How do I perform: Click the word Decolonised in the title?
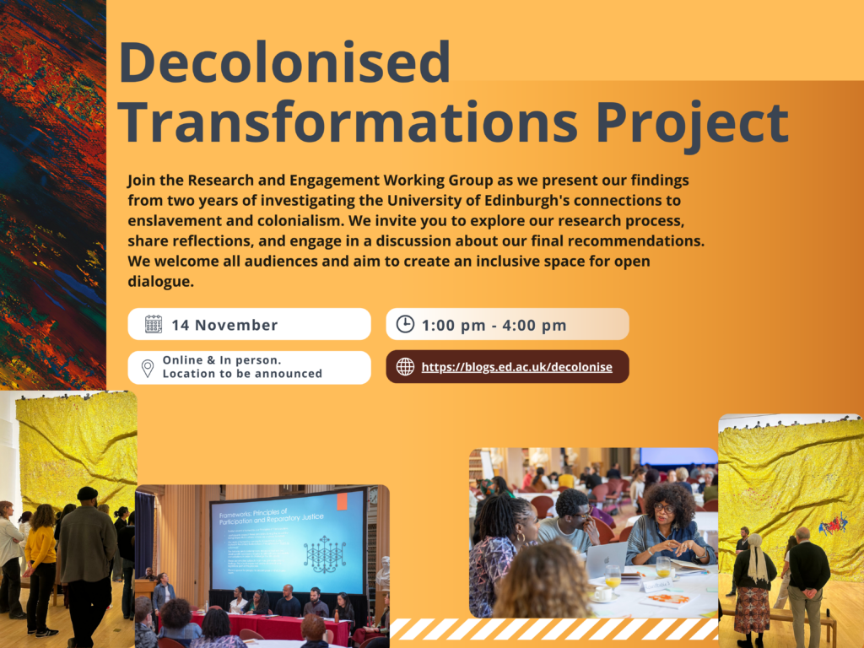click(x=284, y=63)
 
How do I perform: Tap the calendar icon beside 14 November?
click(x=153, y=324)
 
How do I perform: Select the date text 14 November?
click(x=224, y=325)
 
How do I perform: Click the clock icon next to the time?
click(x=405, y=324)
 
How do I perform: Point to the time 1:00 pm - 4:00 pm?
click(x=494, y=325)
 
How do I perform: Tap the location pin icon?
click(x=148, y=368)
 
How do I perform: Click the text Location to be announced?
click(x=242, y=374)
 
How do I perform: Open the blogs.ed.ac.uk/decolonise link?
click(x=516, y=367)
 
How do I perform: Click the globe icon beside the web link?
click(x=405, y=367)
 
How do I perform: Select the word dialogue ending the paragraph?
click(x=161, y=282)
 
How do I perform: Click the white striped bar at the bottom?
click(x=553, y=629)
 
